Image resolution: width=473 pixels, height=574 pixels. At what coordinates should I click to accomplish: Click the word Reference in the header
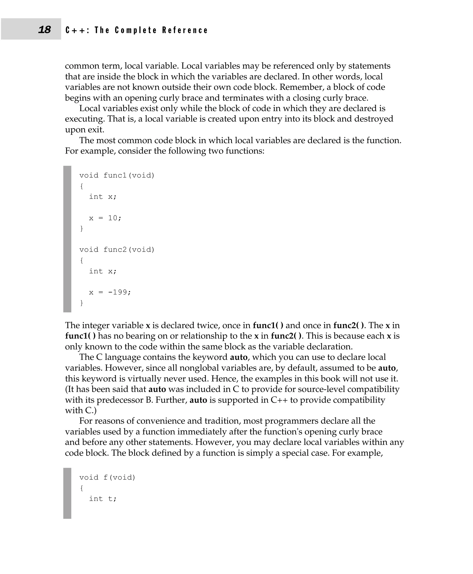pyautogui.click(x=185, y=30)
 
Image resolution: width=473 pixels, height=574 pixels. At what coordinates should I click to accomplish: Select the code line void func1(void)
pyautogui.click(x=117, y=175)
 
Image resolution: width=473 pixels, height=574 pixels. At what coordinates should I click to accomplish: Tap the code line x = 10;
pyautogui.click(x=105, y=218)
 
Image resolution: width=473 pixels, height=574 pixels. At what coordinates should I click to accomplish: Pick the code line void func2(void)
pyautogui.click(x=117, y=250)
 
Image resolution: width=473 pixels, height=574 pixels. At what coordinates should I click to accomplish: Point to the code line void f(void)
pyautogui.click(x=107, y=477)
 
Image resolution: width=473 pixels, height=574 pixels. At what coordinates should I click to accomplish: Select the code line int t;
pyautogui.click(x=103, y=499)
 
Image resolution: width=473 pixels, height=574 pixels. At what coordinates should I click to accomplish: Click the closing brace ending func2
pyautogui.click(x=82, y=303)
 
